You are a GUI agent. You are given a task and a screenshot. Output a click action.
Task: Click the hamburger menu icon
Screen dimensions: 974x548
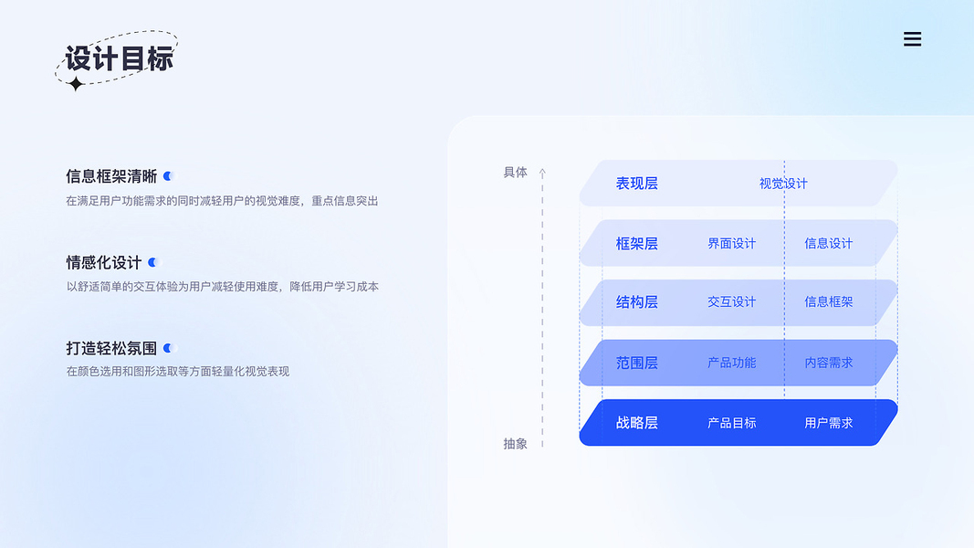pos(912,39)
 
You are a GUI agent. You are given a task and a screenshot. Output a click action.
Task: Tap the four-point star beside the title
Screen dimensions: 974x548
pos(77,84)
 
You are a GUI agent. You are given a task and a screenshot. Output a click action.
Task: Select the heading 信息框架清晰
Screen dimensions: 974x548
pos(111,176)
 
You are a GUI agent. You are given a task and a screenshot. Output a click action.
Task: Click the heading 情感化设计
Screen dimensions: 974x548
pos(104,262)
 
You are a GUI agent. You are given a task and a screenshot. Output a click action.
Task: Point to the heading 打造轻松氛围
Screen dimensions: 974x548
pos(111,348)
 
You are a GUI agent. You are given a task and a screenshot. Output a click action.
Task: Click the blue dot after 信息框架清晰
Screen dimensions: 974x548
pos(167,176)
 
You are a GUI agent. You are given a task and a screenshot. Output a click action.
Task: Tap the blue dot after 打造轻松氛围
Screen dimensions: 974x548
pos(167,348)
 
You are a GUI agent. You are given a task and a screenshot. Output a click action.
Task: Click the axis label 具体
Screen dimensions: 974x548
pos(516,172)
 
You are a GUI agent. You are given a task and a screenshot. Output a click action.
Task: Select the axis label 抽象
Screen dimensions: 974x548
pos(516,444)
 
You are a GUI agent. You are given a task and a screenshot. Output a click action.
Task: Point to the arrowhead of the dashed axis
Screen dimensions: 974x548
pos(542,172)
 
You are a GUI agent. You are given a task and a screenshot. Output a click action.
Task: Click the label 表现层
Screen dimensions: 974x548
pos(636,184)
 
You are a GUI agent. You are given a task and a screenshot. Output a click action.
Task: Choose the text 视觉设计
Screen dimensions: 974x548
pos(783,184)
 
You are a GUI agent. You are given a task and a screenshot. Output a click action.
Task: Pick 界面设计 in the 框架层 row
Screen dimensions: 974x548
pos(731,244)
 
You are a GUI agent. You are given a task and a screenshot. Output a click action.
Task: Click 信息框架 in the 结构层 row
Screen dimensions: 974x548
pos(828,302)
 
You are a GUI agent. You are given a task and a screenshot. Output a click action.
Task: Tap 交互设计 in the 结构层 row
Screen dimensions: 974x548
pos(731,302)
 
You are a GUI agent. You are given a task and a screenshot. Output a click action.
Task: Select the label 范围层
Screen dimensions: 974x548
pos(636,363)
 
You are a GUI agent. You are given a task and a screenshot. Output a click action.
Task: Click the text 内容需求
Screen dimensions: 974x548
pos(828,363)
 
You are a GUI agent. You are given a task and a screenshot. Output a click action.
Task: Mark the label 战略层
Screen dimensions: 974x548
pos(636,423)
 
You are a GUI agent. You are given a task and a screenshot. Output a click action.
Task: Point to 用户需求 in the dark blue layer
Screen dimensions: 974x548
pos(828,423)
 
